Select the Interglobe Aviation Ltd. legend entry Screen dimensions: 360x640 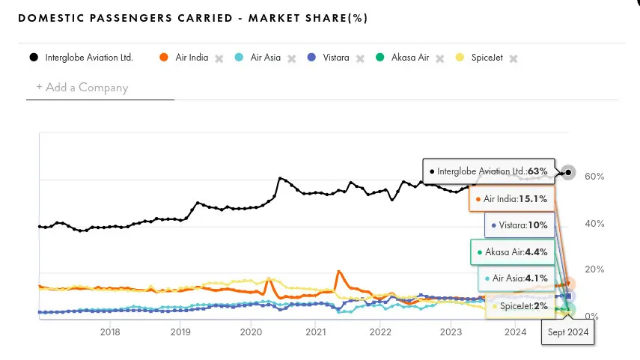[88, 58]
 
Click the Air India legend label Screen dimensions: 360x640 [192, 58]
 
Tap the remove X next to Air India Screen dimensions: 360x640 [219, 58]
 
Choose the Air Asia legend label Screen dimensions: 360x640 [265, 58]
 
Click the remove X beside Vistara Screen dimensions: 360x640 [360, 58]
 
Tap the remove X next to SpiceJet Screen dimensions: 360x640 [513, 58]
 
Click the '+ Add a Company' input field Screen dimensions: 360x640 [100, 88]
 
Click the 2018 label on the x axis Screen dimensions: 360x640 [110, 332]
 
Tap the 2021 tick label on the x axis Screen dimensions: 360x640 [315, 332]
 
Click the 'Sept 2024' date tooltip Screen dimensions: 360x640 [567, 332]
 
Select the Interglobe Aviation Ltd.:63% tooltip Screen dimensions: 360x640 [489, 171]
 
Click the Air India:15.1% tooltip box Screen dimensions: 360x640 [515, 199]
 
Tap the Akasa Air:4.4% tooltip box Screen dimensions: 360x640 [513, 252]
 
